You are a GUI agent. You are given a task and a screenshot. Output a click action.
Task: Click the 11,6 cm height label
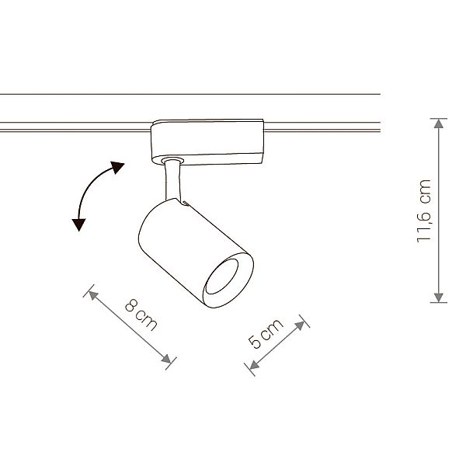tap(423, 211)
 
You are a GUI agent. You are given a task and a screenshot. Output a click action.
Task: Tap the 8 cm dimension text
tap(141, 315)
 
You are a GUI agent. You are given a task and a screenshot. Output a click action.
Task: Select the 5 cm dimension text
tap(266, 333)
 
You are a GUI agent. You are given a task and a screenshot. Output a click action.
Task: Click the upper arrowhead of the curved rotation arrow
tap(117, 167)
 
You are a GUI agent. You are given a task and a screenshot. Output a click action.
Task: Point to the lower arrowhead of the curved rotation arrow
tap(78, 224)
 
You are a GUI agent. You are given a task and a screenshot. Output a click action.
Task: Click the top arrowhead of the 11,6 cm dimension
tap(439, 123)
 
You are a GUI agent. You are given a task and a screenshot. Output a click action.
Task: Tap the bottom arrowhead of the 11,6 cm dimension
tap(439, 297)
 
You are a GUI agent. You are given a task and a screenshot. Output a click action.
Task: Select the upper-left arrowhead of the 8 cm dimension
tap(93, 295)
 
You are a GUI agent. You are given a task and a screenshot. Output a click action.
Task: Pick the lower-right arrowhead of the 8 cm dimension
tap(166, 359)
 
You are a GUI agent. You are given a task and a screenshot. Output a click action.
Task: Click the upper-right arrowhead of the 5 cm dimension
tap(300, 325)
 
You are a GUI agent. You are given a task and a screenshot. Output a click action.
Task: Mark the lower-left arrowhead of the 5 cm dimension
tap(254, 365)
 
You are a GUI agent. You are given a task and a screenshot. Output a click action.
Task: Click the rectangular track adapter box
tap(207, 142)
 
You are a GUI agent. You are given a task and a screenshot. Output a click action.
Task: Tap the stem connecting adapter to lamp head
tap(172, 181)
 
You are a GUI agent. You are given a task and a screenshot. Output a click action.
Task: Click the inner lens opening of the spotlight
tap(221, 276)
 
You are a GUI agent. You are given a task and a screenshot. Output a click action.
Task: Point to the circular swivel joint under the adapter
tap(172, 161)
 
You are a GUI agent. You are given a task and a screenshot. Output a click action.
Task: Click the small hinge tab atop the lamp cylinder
tap(186, 203)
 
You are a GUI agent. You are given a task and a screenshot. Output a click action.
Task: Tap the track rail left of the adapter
tap(75, 127)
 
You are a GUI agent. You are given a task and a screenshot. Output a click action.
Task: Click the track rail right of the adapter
tap(322, 127)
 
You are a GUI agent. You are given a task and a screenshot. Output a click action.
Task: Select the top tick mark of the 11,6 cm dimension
tap(439, 119)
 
